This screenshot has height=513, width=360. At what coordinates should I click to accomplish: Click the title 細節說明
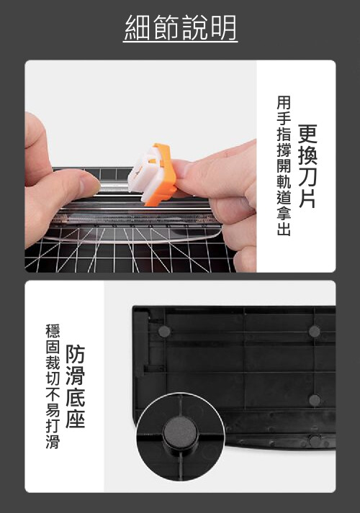180,28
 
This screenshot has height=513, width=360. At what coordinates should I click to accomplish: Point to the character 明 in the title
223,28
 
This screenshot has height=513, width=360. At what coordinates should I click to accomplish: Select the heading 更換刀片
307,166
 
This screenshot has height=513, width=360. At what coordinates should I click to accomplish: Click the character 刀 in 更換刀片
307,177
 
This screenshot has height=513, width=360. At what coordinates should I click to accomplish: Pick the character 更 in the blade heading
307,134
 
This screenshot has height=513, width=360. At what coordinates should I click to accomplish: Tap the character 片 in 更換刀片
307,199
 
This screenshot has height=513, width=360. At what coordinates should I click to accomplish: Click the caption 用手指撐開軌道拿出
284,165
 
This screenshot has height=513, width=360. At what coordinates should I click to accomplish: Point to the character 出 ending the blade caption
284,229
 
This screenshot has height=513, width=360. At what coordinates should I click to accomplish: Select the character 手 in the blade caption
284,118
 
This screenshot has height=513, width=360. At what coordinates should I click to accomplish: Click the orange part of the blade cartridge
163,174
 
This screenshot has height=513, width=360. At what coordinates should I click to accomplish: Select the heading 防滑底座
75,386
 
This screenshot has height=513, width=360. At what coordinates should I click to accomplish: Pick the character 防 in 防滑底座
75,354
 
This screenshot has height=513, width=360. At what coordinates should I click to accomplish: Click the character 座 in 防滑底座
75,419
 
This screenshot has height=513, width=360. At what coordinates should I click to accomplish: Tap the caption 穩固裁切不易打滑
53,386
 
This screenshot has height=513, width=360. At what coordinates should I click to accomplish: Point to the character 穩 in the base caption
53,331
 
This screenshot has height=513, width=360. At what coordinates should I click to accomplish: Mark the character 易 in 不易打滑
53,410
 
